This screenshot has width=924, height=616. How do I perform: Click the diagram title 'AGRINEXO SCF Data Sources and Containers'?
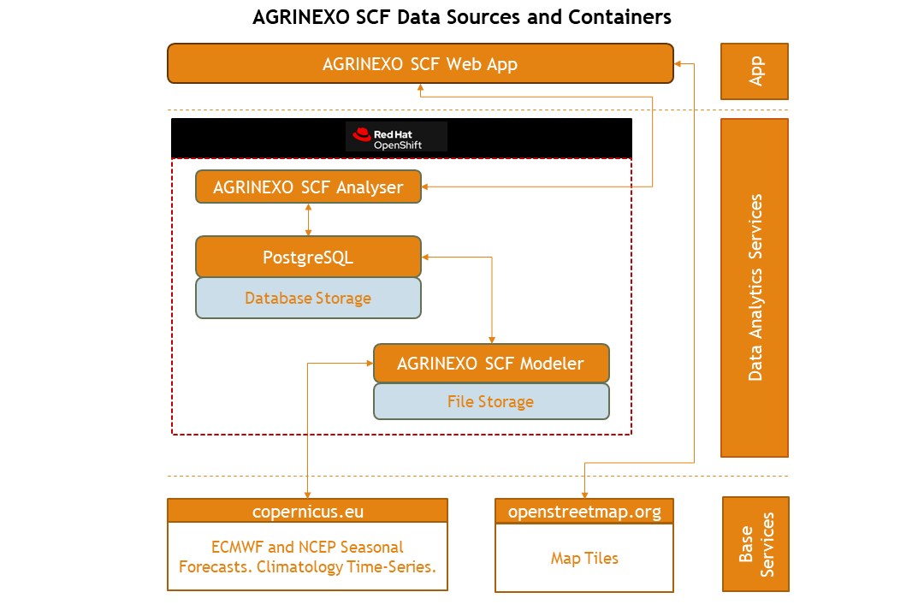[x=462, y=17]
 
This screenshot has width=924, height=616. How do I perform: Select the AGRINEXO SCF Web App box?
[x=419, y=64]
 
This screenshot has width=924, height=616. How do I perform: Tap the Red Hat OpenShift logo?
[x=396, y=137]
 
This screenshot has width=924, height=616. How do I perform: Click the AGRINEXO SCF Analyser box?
[x=308, y=187]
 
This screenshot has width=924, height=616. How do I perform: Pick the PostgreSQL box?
[x=308, y=257]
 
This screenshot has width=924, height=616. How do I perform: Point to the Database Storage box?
[x=308, y=299]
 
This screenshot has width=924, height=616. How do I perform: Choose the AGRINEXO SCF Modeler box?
[x=490, y=364]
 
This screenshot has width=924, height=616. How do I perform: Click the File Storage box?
[x=490, y=401]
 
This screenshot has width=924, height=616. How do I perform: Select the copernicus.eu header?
[x=307, y=512]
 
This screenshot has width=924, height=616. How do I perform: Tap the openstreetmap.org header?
[x=584, y=512]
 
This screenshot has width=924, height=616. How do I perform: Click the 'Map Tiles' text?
[x=584, y=559]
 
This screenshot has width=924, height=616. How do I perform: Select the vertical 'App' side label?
[x=755, y=72]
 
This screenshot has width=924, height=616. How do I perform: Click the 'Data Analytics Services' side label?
[x=755, y=287]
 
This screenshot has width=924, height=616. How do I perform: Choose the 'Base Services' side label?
[x=755, y=544]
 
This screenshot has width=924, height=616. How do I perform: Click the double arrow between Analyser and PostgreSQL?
[x=308, y=220]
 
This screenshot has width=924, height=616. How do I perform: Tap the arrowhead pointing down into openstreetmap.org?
[x=584, y=494]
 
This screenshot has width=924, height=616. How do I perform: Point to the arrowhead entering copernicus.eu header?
[x=307, y=494]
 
